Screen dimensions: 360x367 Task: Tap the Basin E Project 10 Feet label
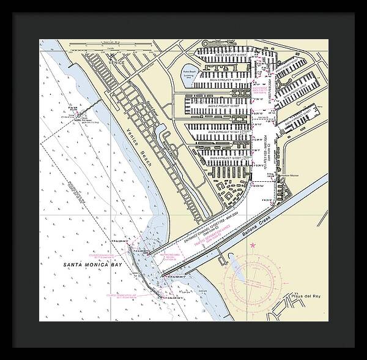pyautogui.click(x=230, y=54)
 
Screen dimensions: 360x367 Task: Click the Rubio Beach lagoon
pyautogui.click(x=189, y=72)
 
